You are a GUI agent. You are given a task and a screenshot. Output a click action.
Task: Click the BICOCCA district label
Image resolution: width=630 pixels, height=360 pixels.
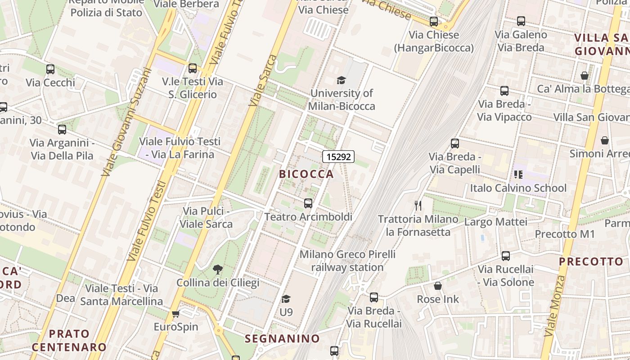[306, 174]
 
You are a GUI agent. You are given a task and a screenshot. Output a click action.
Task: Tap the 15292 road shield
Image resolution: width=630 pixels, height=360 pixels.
[338, 157]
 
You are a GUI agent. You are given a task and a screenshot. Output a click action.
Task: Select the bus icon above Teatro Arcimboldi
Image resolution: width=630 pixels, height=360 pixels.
[308, 203]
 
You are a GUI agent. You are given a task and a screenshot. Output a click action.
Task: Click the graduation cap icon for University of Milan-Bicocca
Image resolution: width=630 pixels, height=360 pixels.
[341, 81]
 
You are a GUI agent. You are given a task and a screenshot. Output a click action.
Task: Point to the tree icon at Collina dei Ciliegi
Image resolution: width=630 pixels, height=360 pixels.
[218, 269]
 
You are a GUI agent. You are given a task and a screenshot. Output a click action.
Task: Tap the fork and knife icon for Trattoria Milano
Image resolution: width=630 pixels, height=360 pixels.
[418, 206]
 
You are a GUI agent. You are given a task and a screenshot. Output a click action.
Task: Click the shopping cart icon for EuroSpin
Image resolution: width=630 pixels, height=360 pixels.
[175, 314]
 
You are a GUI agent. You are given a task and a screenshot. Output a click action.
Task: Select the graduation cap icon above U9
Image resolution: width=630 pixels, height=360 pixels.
[286, 299]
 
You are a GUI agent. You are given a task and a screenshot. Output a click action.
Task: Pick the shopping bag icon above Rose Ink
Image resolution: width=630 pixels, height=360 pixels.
[437, 286]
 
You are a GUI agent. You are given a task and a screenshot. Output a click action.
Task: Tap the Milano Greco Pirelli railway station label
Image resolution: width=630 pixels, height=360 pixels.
[347, 261]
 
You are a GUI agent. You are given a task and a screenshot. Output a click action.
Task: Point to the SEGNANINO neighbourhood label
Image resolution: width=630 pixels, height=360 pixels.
[282, 338]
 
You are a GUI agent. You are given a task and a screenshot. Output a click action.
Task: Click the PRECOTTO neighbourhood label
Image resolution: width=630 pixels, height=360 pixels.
[591, 261]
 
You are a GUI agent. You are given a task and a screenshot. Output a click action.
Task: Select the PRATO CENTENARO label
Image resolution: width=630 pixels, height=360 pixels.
[69, 340]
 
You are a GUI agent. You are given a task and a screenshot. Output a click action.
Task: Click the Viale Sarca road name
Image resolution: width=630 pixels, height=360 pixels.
[263, 81]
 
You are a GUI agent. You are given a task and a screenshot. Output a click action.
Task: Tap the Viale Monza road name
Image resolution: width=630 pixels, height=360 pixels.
[554, 306]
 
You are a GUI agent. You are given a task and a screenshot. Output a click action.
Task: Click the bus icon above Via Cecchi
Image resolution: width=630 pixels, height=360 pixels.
[50, 69]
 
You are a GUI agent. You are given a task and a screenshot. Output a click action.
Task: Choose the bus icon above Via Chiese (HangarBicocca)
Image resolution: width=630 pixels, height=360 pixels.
[434, 21]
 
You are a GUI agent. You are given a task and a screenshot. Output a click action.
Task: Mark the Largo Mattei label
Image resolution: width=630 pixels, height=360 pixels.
[495, 222]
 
